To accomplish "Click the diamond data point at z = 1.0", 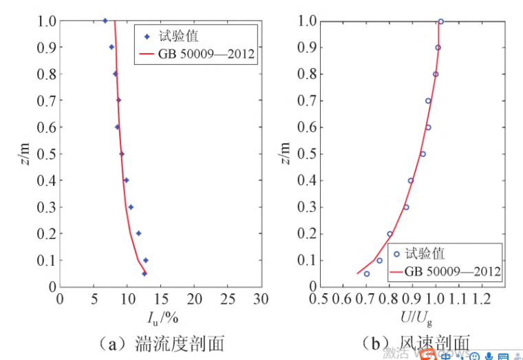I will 105,21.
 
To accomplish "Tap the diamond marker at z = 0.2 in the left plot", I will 138,233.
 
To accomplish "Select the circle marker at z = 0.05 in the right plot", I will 367,273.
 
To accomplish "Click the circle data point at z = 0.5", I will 423,154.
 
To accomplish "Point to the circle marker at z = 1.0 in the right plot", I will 440,21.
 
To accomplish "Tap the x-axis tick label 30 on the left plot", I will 260,299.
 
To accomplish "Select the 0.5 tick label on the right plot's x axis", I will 319,299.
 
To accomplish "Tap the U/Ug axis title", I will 413,318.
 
